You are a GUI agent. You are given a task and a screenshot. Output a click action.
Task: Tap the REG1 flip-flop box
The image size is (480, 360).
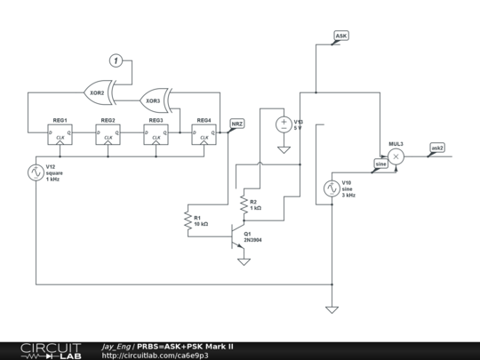tap(60, 133)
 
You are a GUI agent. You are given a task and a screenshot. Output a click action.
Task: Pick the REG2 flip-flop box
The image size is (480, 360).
tap(108, 133)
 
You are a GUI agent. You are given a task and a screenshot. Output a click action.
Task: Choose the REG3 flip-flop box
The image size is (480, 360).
tap(156, 133)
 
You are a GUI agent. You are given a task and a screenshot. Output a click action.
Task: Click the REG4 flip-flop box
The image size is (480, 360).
tap(204, 133)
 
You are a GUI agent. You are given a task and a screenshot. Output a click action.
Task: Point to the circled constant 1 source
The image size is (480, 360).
tap(115, 60)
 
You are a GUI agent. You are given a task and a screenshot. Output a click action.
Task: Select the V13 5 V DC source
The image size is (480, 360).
tap(284, 124)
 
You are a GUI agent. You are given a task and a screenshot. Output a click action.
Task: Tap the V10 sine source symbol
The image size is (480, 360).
tap(332, 188)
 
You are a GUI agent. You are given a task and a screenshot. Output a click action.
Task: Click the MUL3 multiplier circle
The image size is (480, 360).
tap(396, 156)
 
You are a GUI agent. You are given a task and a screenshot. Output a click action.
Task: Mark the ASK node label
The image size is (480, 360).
tap(341, 36)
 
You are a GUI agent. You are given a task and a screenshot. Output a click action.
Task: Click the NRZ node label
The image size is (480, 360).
tap(237, 124)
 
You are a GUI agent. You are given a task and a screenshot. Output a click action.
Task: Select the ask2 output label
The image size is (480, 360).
tap(437, 148)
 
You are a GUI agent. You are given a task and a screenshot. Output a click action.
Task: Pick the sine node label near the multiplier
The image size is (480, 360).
tap(380, 164)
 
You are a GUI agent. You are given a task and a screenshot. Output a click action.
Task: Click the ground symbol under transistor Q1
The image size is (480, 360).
tap(244, 261)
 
